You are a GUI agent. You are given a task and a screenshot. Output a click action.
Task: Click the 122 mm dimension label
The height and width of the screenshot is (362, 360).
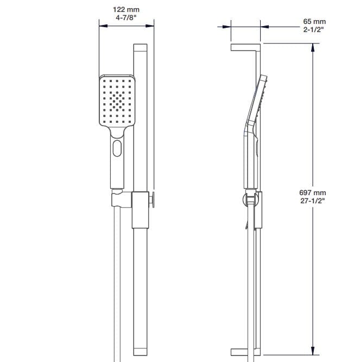coord(126,9)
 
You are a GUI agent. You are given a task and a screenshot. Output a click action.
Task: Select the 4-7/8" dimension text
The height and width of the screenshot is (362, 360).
coord(126,17)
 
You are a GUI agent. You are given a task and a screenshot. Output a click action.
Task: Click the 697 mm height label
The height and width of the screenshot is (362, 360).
coord(313,192)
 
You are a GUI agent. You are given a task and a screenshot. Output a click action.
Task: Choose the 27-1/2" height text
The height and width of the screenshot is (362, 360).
coord(313,201)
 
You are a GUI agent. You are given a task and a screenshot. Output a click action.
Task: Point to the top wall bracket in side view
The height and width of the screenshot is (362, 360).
coord(245,47)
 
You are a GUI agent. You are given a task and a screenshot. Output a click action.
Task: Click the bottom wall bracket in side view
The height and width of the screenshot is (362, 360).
coord(245,351)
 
